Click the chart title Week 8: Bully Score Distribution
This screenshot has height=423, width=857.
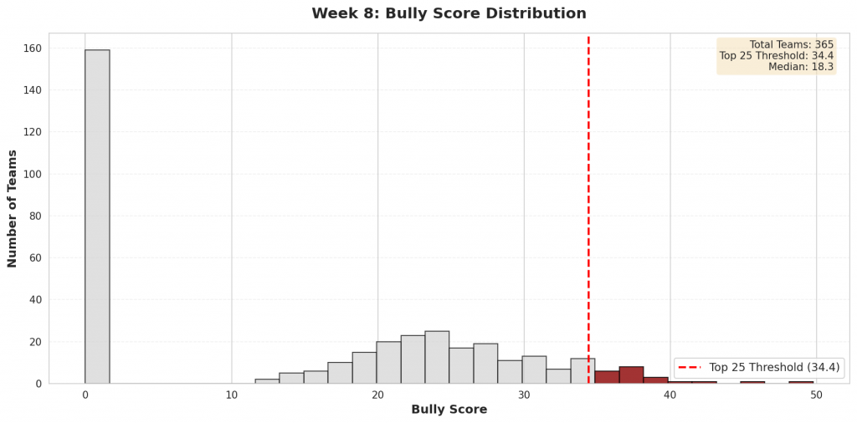[449, 13]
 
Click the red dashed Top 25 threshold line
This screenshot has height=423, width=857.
[588, 209]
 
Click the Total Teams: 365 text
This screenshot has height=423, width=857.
[791, 45]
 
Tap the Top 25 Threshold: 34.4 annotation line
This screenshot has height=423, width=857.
[776, 56]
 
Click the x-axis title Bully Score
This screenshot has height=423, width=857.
[449, 410]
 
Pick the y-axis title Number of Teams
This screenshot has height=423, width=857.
[13, 208]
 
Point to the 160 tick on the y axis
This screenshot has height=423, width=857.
[33, 48]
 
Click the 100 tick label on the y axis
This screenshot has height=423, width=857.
[33, 174]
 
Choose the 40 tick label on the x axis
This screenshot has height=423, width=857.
[670, 395]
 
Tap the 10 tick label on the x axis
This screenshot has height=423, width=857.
[232, 395]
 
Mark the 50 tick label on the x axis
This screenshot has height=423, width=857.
[816, 395]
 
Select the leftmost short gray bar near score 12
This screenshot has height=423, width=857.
[267, 381]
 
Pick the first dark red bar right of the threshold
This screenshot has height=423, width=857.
[607, 377]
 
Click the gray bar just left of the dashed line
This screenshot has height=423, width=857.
[582, 371]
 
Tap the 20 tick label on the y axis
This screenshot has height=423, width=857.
[35, 342]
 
